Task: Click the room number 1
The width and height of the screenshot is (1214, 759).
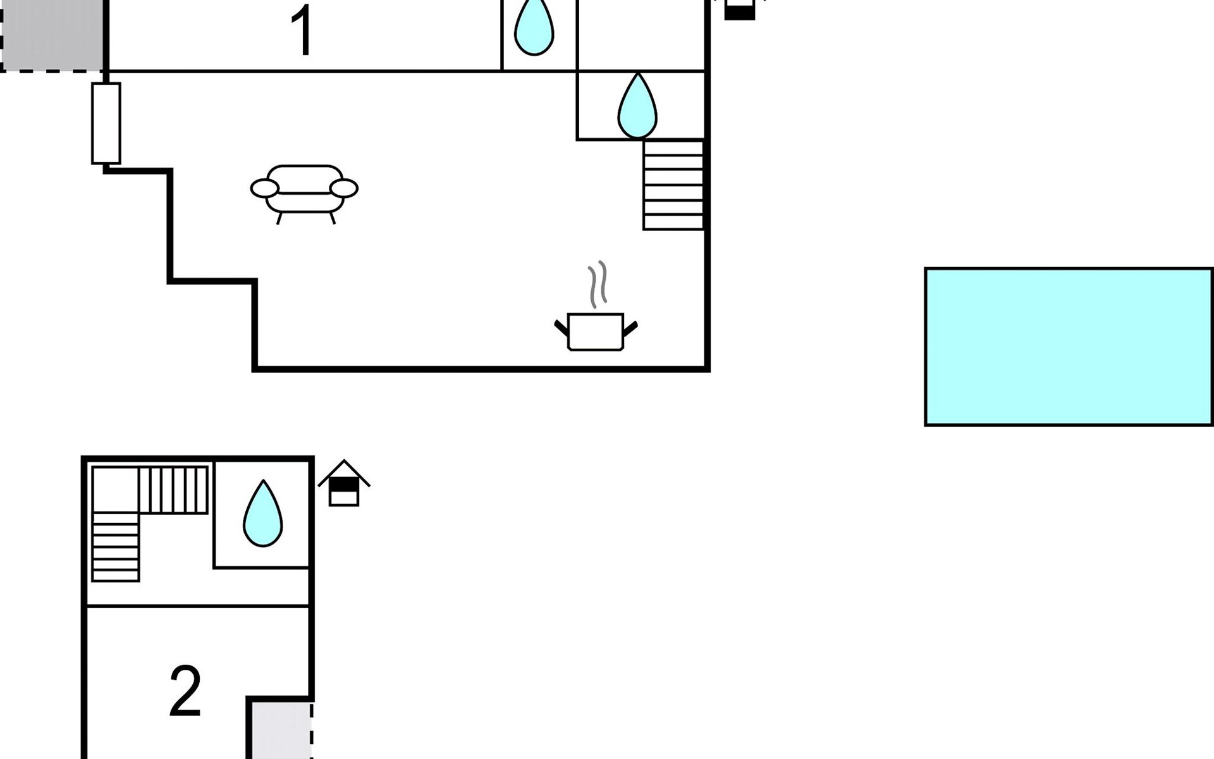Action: point(302,30)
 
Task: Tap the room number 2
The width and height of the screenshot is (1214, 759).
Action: point(185,691)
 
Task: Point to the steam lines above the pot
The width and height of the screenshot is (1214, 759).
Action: point(598,285)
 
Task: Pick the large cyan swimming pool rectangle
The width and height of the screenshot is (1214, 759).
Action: point(1069,347)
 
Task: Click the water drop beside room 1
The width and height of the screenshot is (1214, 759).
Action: point(534,27)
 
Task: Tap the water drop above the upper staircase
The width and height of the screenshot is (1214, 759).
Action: point(637,106)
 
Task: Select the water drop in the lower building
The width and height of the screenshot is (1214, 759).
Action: point(263,513)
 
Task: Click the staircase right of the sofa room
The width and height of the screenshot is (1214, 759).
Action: point(673,185)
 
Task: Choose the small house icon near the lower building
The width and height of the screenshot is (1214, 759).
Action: point(344,483)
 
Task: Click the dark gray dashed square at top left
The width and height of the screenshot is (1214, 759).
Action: point(52,35)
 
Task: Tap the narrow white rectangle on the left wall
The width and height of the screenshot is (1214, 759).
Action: point(106,123)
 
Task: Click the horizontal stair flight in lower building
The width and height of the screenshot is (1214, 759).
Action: point(173,490)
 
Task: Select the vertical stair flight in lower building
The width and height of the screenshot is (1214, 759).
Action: point(116,547)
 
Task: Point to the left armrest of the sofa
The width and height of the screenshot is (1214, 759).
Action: point(264,188)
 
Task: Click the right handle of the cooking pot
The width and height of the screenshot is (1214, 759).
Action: point(630,329)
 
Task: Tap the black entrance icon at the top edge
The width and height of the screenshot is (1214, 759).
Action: point(740,9)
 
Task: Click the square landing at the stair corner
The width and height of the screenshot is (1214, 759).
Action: point(116,490)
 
